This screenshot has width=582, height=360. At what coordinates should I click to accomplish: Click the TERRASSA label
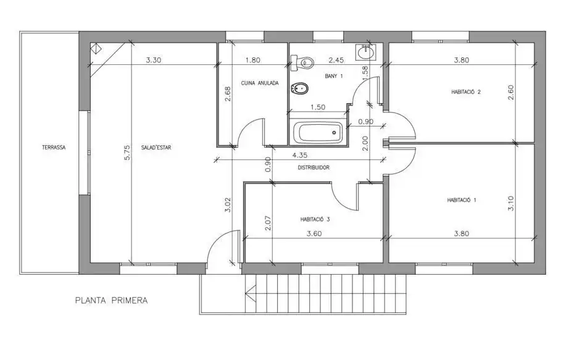pos(54,148)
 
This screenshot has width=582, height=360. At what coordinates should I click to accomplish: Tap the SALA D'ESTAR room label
pos(156,148)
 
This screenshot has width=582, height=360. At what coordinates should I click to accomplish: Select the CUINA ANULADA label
pos(259,83)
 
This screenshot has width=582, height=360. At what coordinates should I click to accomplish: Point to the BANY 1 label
pos(334,76)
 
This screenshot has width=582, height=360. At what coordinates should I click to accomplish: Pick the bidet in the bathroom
pos(301,89)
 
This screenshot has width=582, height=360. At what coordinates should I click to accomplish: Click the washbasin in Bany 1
pos(365,52)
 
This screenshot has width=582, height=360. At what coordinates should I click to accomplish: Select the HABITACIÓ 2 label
pos(466,92)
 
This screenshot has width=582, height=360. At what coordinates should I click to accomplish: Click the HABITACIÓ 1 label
pos(462,200)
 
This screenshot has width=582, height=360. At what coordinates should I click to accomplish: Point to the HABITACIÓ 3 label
pos(315,220)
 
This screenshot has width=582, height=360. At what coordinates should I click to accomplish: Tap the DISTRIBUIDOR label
pos(314,167)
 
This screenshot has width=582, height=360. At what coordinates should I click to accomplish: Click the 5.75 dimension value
pos(127,153)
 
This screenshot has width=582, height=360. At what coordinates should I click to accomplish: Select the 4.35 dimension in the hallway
pos(299,155)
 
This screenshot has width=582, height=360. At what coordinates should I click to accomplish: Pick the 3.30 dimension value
pos(153,60)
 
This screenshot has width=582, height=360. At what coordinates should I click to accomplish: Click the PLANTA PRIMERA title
pos(111,300)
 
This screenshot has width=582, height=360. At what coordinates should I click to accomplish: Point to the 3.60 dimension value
pos(314,233)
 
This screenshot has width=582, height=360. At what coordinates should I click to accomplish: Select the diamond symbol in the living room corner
pos(98,49)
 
